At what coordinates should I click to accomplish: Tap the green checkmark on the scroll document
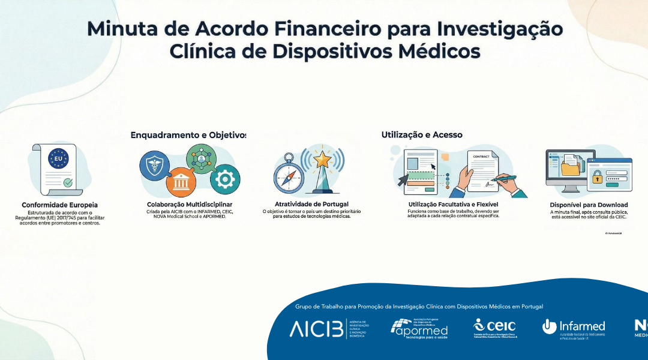click(x=68, y=182)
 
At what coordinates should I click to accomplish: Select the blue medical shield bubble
click(x=155, y=166)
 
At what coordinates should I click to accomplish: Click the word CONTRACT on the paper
click(x=481, y=157)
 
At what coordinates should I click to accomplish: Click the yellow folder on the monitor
click(x=571, y=169)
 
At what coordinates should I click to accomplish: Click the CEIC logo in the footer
click(x=495, y=328)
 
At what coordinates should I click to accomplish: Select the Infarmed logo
click(x=574, y=328)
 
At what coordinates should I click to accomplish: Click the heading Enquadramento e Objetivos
click(x=188, y=135)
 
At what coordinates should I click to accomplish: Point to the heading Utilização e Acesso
click(x=422, y=135)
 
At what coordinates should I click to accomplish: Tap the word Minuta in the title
click(x=119, y=29)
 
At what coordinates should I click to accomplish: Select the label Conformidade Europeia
click(x=59, y=205)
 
